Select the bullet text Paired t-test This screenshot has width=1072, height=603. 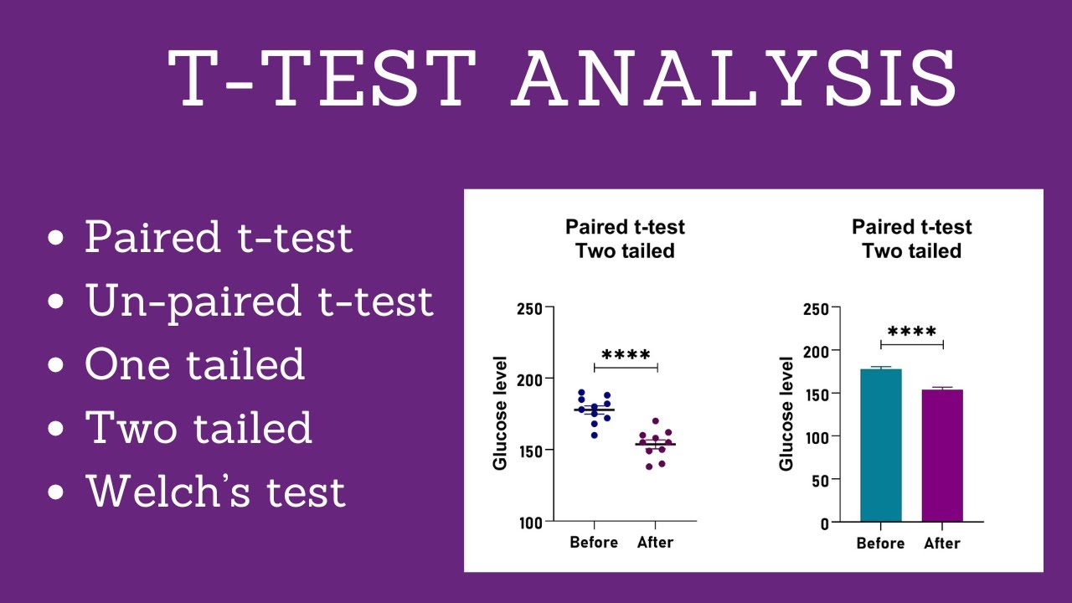coord(219,237)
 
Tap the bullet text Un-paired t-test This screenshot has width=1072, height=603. coord(260,301)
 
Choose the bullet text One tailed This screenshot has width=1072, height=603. coord(194,364)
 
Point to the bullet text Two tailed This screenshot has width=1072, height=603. coord(198,427)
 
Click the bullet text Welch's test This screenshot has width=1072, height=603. coord(215,491)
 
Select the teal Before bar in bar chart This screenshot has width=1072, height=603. coord(881,445)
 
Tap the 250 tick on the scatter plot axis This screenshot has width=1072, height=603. coord(529,308)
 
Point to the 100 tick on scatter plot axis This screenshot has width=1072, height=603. coord(529,523)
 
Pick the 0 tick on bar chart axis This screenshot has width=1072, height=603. coord(824,524)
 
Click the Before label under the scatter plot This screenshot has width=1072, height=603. coord(594,543)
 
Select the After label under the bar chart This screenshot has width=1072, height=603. coord(942,544)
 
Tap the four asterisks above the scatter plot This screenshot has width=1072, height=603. coord(626,356)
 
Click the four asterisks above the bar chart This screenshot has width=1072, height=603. coord(912,332)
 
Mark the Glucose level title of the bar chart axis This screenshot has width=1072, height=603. coord(786,414)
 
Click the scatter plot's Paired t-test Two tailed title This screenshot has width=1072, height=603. coord(625,239)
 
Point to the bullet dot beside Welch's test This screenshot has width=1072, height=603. coord(57,492)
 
